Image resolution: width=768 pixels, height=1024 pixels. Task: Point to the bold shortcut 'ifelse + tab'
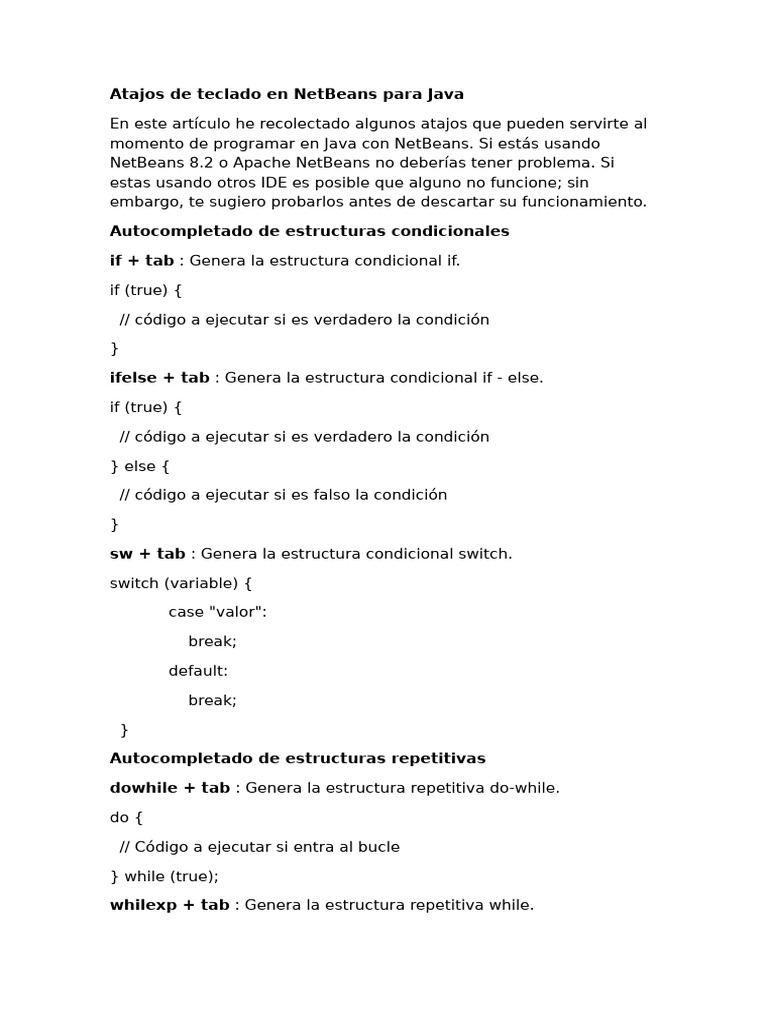(x=160, y=377)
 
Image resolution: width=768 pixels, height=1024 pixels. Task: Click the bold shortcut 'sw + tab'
(x=148, y=553)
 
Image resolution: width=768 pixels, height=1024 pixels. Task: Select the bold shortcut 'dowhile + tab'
(x=170, y=788)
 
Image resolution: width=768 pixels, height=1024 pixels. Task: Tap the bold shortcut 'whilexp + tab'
(x=170, y=905)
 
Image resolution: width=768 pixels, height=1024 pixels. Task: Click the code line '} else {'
(x=140, y=466)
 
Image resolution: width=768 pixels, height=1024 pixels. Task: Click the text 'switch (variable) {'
(x=181, y=583)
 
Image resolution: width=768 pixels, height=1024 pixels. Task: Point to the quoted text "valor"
(x=236, y=612)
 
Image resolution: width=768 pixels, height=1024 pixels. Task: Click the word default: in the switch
(x=198, y=671)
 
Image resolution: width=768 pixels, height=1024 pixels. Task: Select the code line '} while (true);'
(x=164, y=876)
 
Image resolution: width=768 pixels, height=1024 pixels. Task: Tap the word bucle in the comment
(x=379, y=847)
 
